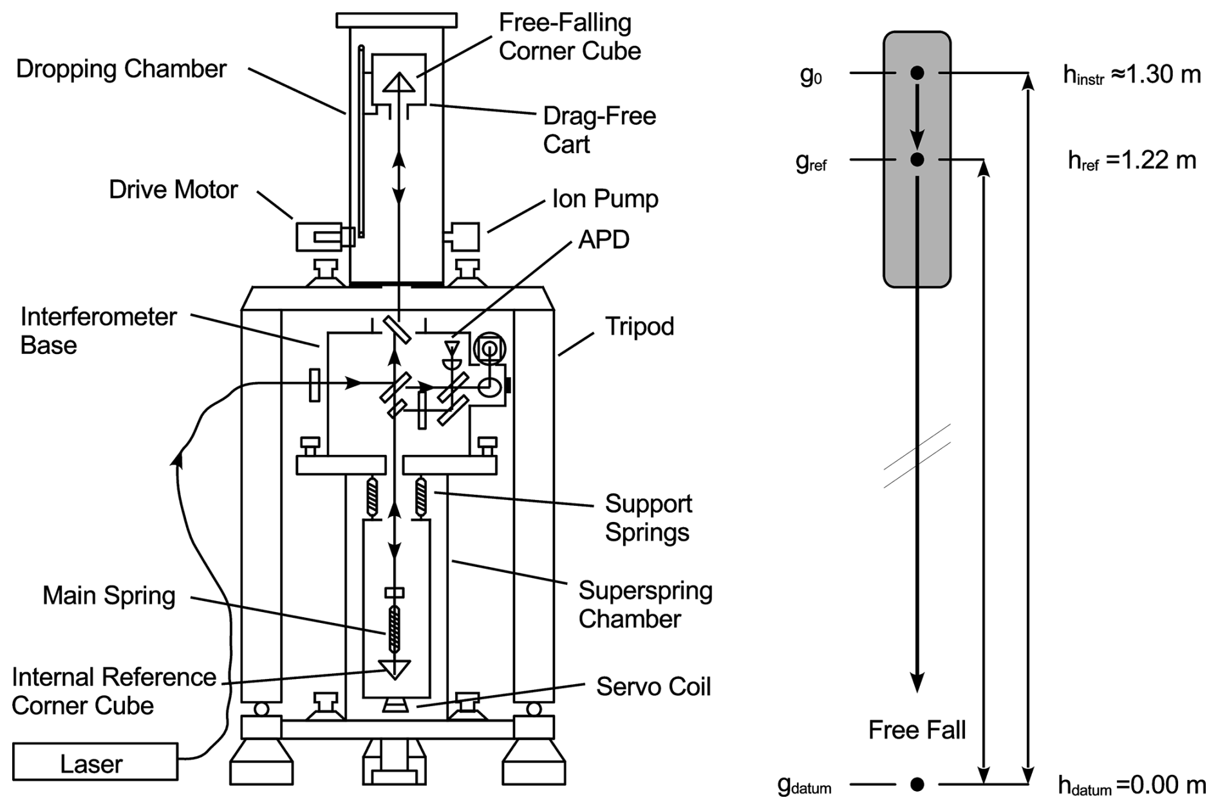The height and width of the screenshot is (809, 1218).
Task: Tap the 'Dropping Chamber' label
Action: click(x=121, y=69)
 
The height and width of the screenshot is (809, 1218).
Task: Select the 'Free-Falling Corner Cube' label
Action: click(x=569, y=37)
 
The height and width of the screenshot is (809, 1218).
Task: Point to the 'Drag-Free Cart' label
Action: click(x=599, y=129)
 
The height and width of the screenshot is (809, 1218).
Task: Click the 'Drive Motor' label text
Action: click(x=173, y=190)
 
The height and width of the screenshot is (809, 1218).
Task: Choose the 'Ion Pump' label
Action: click(x=605, y=199)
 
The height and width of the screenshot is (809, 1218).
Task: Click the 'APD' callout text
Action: click(x=603, y=239)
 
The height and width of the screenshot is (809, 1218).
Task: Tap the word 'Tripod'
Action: click(x=639, y=327)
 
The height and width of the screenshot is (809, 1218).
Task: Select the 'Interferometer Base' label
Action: click(x=98, y=331)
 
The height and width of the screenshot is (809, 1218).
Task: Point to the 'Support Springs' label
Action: click(x=648, y=517)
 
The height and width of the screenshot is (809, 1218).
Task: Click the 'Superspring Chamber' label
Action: click(x=644, y=604)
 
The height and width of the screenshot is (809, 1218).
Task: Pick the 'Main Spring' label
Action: click(x=109, y=595)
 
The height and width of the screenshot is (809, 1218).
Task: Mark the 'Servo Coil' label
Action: click(x=653, y=687)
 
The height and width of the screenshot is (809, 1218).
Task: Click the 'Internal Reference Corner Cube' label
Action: click(x=113, y=691)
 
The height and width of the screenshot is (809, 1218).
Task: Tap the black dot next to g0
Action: click(x=917, y=73)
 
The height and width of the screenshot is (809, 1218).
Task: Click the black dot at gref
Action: click(x=917, y=159)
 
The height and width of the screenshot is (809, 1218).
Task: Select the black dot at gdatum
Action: click(x=917, y=784)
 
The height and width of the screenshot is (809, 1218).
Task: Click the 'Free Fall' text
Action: click(x=917, y=730)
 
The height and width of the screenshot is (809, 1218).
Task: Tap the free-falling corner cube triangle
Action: click(x=400, y=82)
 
